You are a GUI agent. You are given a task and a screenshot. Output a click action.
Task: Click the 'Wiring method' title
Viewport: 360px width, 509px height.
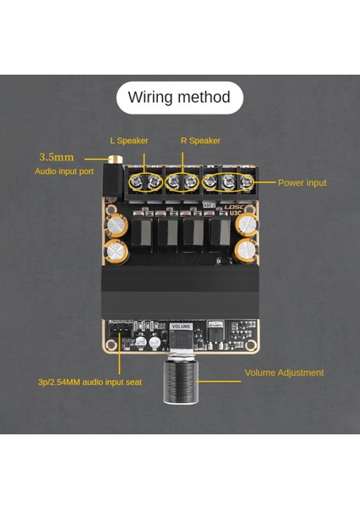coord(179,98)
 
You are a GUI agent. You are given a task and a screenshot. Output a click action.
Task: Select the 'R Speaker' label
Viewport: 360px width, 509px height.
coord(200,141)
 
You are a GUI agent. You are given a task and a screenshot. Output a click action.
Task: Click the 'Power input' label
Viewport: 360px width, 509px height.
coord(302,182)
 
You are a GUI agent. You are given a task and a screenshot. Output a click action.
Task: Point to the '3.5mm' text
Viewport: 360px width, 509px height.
coord(56,157)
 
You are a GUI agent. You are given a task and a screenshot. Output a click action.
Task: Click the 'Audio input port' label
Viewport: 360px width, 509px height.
coord(65,171)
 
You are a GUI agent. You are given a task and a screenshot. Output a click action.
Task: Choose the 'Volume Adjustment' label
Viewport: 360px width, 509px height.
coord(284,372)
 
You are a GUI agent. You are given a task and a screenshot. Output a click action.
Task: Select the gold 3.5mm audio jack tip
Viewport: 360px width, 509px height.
coord(109,158)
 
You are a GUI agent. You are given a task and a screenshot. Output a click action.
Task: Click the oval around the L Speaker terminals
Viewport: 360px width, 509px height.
coord(145,182)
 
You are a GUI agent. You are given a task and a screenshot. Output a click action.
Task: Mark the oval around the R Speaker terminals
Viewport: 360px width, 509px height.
coord(183,182)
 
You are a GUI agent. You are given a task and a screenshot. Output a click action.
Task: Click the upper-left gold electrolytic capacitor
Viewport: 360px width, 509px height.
coord(115,224)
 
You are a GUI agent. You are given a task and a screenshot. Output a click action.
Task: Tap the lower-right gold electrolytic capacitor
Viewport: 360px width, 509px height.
coord(246,249)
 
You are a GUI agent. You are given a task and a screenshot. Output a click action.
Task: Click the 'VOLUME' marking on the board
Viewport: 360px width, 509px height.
coord(182,326)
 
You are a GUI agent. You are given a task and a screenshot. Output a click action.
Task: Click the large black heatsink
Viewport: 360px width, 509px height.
coord(180,293)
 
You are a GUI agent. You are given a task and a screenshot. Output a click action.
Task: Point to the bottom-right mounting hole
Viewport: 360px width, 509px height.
coord(253,348)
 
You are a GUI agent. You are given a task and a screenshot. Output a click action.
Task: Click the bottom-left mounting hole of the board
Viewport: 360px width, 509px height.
coord(109,348)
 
